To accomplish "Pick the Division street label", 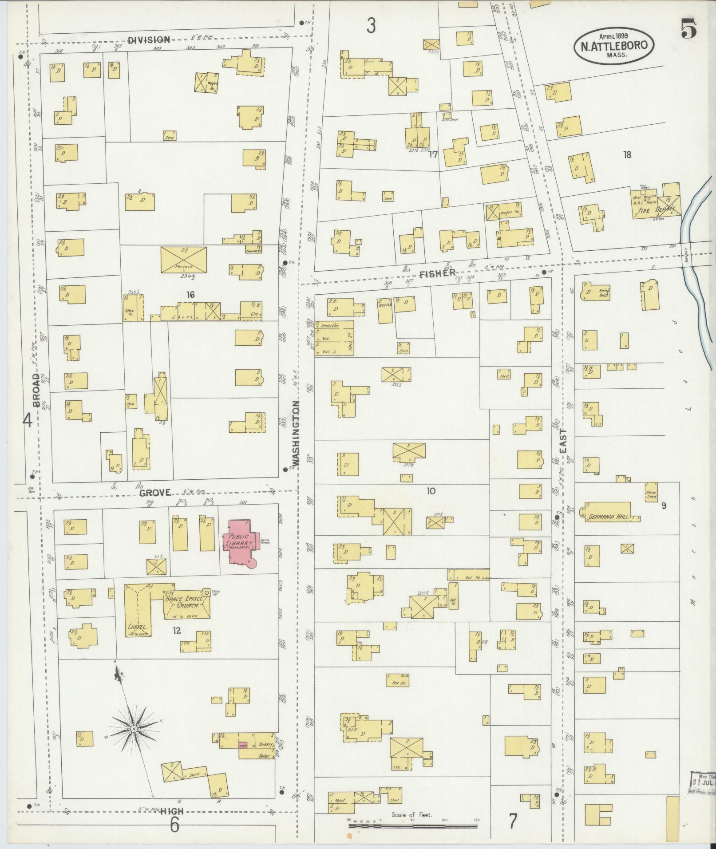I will (x=149, y=39).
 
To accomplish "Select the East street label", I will (x=563, y=441).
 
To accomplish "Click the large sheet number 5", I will (x=688, y=29).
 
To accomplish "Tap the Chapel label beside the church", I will (x=137, y=628).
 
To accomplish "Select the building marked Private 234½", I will (x=184, y=260).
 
